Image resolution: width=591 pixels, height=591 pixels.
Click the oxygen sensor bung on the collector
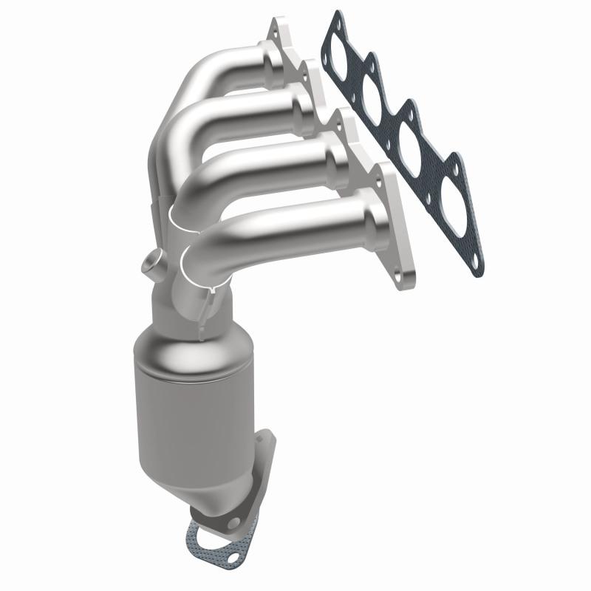coord(152,264)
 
